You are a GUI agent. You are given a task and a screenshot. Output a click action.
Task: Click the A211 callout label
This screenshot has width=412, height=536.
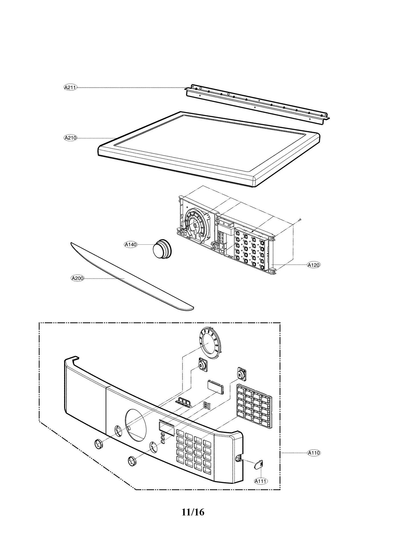click(70, 87)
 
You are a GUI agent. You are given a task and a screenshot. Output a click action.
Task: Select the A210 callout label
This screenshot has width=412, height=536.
click(70, 138)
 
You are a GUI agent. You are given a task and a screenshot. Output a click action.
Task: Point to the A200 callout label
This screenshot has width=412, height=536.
click(78, 278)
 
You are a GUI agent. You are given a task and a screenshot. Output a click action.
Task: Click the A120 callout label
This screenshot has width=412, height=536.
click(314, 265)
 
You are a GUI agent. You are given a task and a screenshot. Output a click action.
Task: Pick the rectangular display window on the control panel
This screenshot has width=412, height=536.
click(166, 436)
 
